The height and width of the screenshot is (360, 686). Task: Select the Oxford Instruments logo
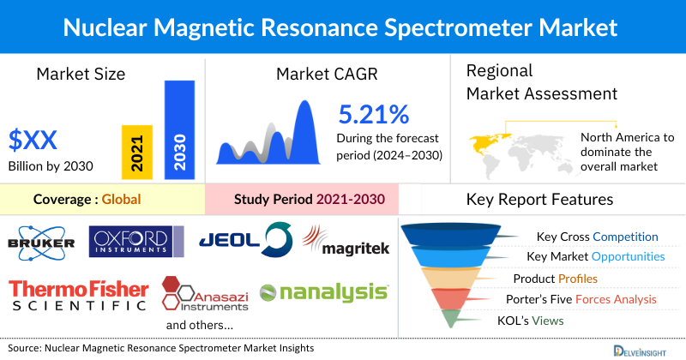click(x=136, y=240)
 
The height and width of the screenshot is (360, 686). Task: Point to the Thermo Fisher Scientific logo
click(x=77, y=293)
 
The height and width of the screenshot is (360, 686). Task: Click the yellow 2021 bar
click(x=137, y=151)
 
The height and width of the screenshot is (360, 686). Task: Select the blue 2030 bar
click(x=179, y=129)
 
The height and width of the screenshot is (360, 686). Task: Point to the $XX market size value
click(x=35, y=139)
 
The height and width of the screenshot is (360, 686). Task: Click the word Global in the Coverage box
click(x=121, y=201)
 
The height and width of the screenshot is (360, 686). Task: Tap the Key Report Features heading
click(x=539, y=200)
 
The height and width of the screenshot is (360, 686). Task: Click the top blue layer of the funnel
click(x=454, y=236)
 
